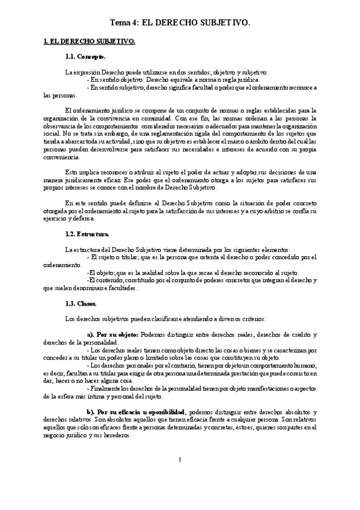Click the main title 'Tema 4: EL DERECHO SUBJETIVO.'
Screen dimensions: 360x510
(180, 22)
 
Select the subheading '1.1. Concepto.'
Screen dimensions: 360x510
(85, 57)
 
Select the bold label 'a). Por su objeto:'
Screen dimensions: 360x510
(114, 334)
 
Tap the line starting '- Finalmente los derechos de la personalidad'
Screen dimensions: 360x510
(210, 389)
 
